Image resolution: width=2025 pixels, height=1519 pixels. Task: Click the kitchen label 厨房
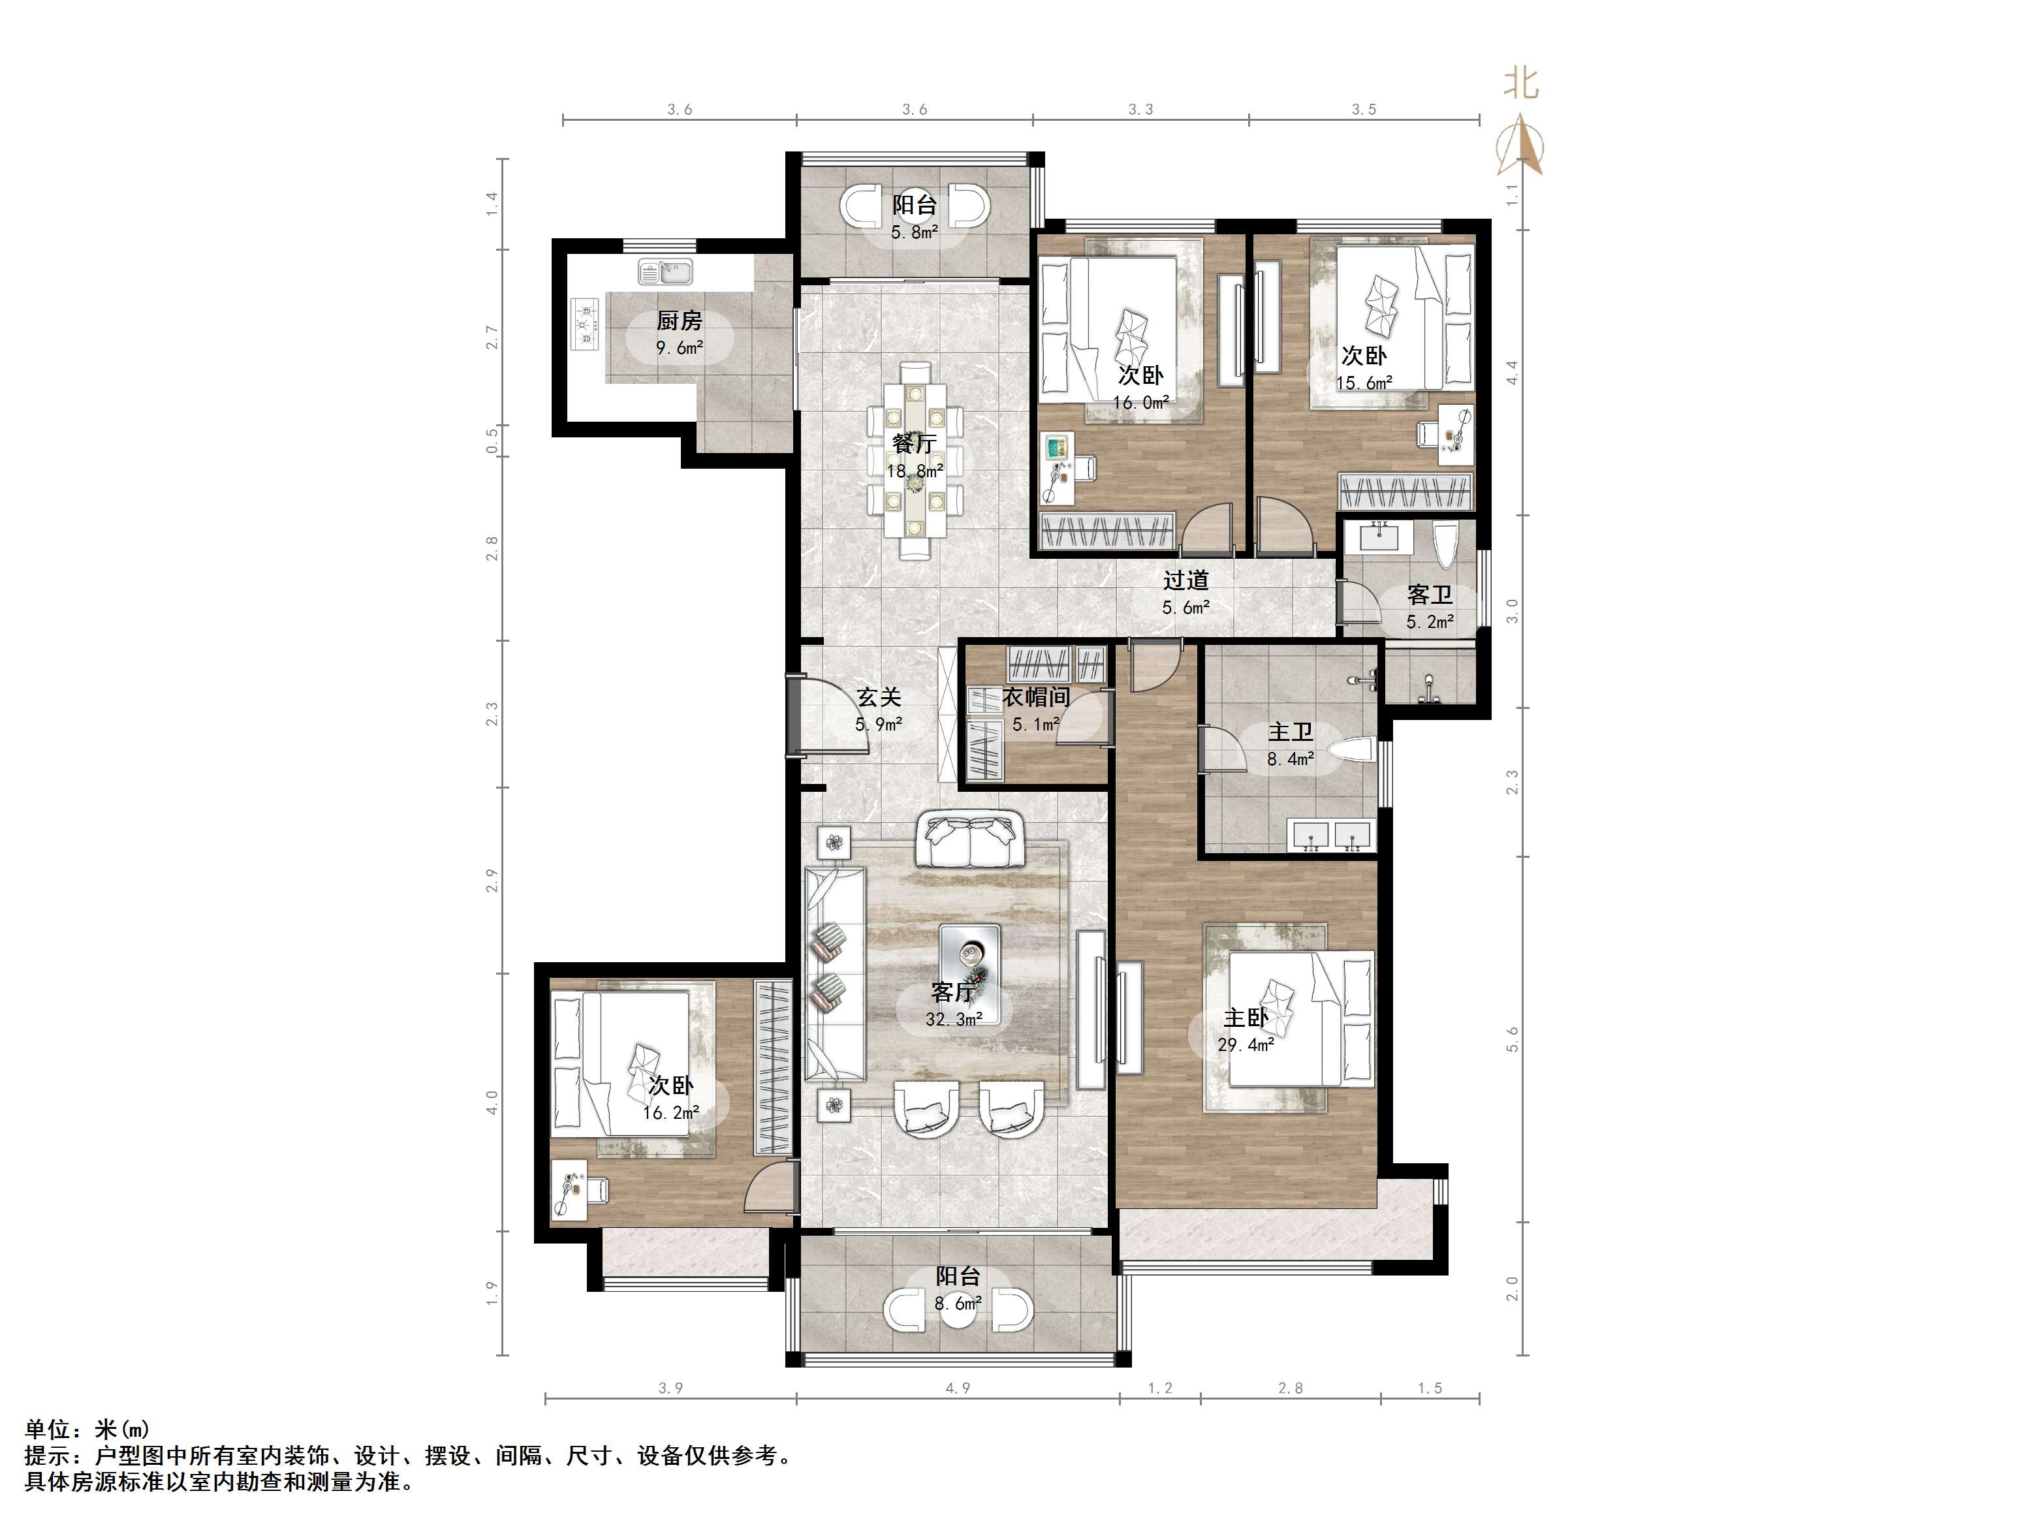point(680,321)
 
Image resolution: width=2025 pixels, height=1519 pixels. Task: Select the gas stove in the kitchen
point(585,324)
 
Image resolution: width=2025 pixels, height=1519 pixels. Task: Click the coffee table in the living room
point(969,974)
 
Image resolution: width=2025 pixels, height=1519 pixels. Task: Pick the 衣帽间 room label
point(1036,698)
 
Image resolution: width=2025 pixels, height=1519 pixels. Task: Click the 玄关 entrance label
point(880,698)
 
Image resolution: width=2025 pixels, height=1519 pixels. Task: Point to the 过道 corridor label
point(1186,580)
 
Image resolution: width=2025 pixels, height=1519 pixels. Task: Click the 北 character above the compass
point(1520,84)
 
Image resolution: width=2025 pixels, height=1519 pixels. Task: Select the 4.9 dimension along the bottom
point(958,1388)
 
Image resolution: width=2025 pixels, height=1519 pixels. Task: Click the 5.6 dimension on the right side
point(1513,1039)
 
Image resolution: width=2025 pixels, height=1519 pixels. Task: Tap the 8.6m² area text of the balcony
point(958,1303)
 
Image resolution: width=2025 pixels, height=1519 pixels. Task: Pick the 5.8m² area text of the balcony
point(915,232)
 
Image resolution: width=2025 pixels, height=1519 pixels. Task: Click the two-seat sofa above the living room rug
point(970,839)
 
